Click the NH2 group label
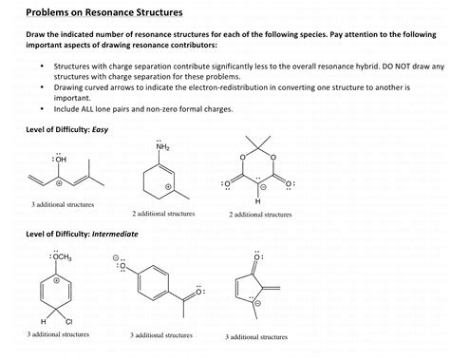pyautogui.click(x=164, y=146)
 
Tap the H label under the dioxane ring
pyautogui.click(x=257, y=201)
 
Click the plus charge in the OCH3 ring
pyautogui.click(x=56, y=281)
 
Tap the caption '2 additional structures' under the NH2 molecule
pyautogui.click(x=163, y=214)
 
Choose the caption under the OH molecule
pyautogui.click(x=60, y=204)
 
